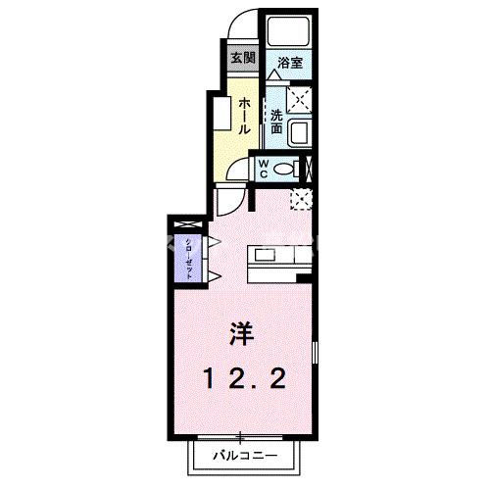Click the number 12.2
click(x=245, y=378)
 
